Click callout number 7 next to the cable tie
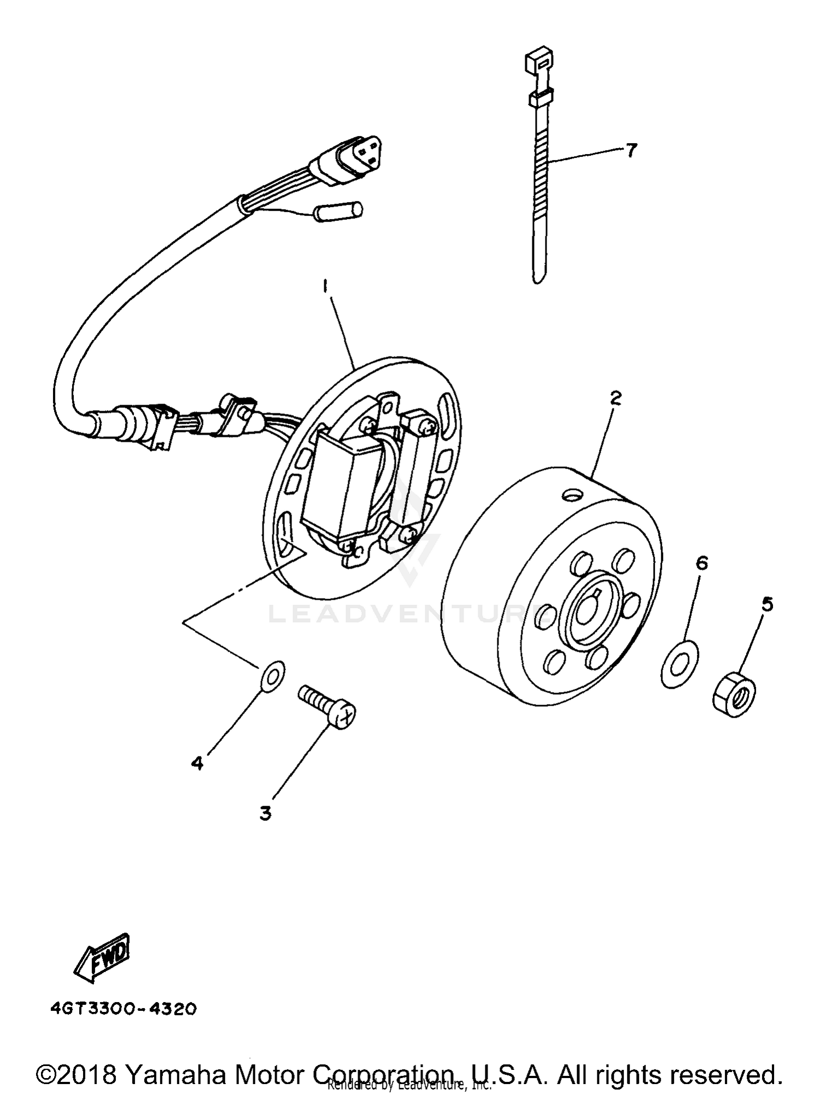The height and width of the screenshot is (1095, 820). [x=631, y=150]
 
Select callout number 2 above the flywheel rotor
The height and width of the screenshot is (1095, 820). [x=616, y=398]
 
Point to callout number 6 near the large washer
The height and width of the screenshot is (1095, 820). [x=702, y=563]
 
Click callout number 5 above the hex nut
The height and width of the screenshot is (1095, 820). [x=768, y=604]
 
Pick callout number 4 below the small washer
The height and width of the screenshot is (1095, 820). [x=197, y=763]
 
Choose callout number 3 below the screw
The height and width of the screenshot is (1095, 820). [x=266, y=813]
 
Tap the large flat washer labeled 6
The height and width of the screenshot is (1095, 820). [x=680, y=664]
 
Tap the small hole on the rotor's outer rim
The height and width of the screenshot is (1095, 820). [x=572, y=495]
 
